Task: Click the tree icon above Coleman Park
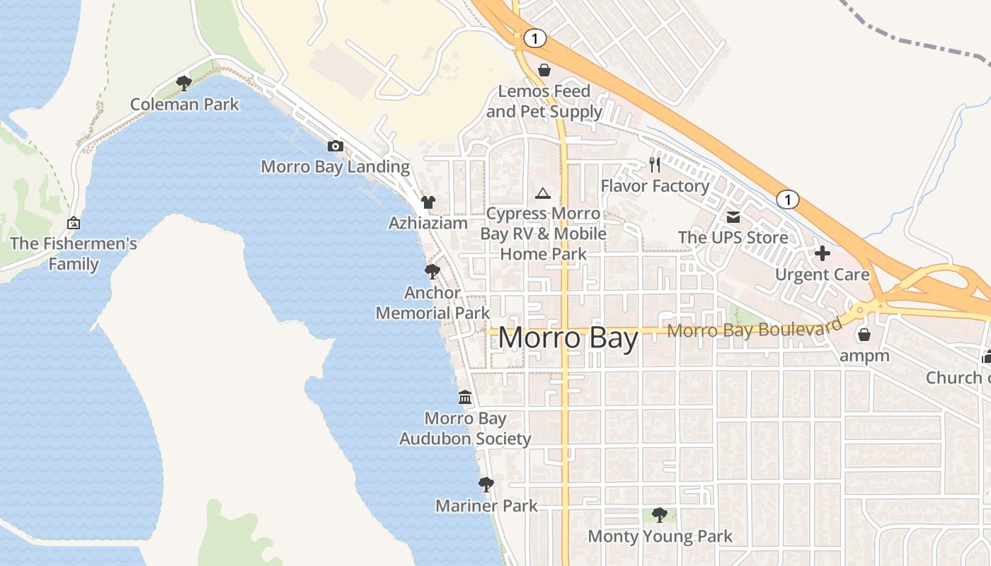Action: click(x=184, y=83)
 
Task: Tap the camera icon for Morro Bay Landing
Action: click(x=336, y=146)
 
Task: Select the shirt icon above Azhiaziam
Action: click(x=428, y=202)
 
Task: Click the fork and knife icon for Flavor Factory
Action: click(x=655, y=165)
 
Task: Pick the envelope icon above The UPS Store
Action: click(x=733, y=216)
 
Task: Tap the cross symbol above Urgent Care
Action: click(x=822, y=253)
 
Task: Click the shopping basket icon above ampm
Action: click(x=864, y=335)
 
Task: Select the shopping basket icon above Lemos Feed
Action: click(x=544, y=70)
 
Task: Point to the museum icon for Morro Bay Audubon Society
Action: click(x=465, y=397)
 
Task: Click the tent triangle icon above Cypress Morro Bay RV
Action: click(x=543, y=193)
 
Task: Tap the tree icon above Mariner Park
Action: click(x=486, y=485)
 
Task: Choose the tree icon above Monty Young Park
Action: click(x=660, y=514)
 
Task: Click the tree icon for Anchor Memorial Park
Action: click(x=432, y=272)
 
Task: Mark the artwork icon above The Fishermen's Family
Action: click(x=74, y=223)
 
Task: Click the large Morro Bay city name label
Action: click(x=568, y=338)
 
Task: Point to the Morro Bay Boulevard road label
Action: click(x=755, y=329)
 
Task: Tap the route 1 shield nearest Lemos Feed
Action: click(x=535, y=39)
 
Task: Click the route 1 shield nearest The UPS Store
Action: click(x=787, y=200)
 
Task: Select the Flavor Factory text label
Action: click(x=655, y=186)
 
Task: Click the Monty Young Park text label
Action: click(x=660, y=536)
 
